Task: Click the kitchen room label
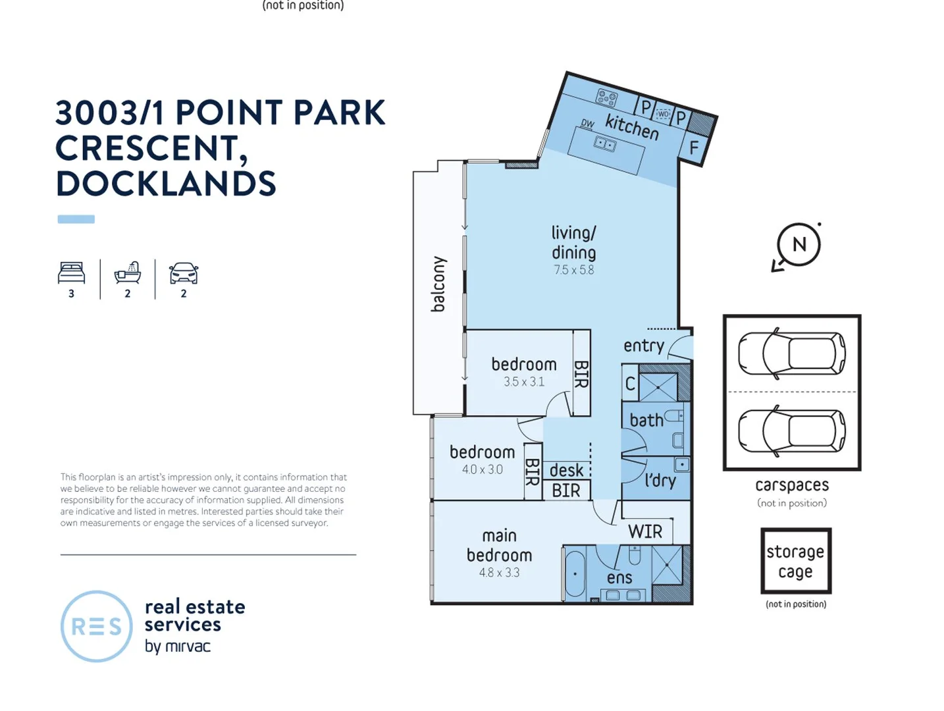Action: coord(631,126)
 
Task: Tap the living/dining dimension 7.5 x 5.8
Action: coord(573,270)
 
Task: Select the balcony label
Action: coord(438,284)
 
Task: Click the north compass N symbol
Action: coord(799,245)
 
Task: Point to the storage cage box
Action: coord(795,561)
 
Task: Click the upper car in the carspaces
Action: coord(791,354)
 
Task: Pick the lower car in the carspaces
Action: coord(791,431)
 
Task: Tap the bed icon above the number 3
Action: coord(71,273)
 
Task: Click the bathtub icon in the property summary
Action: coord(128,273)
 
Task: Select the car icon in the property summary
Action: coord(184,273)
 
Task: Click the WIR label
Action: coord(644,532)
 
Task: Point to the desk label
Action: coord(566,470)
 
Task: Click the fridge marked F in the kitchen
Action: coord(693,148)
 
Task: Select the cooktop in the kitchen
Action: coord(606,98)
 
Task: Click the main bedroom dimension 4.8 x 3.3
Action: coord(499,573)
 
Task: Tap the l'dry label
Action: coord(660,480)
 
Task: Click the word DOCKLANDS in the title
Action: coord(166,184)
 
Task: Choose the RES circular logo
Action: coord(96,626)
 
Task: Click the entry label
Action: coord(643,346)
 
